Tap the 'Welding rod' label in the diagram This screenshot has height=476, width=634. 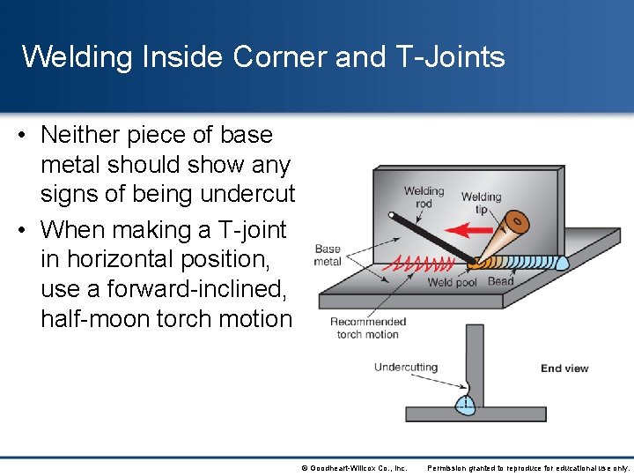tap(424, 197)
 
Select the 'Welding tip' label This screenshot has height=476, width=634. tap(481, 203)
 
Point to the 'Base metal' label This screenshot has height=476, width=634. tap(328, 255)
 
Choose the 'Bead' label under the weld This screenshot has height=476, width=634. tap(500, 282)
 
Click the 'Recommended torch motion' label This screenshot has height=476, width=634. tap(368, 328)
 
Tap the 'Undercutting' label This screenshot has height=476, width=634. tap(406, 367)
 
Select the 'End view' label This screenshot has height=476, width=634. tap(564, 368)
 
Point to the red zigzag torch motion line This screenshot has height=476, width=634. tap(423, 263)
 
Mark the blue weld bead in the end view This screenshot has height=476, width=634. tap(465, 405)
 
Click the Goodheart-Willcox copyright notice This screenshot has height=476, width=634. tap(353, 468)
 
